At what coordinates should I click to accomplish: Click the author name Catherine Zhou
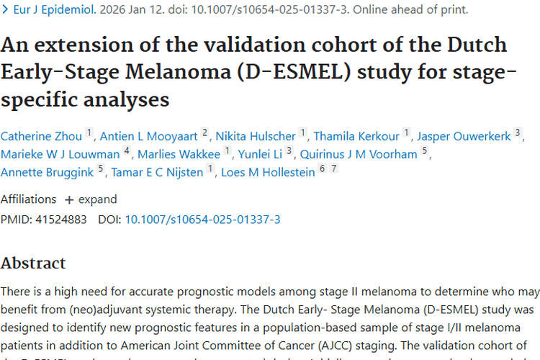click(41, 135)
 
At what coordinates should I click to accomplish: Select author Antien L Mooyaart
click(148, 135)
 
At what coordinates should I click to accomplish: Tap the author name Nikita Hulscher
click(256, 135)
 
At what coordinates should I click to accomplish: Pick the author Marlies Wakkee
click(179, 153)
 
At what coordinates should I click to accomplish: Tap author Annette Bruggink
click(48, 171)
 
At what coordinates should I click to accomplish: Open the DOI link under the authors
click(202, 219)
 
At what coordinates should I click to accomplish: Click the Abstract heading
click(33, 263)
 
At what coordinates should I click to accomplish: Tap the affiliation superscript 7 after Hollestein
click(333, 168)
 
